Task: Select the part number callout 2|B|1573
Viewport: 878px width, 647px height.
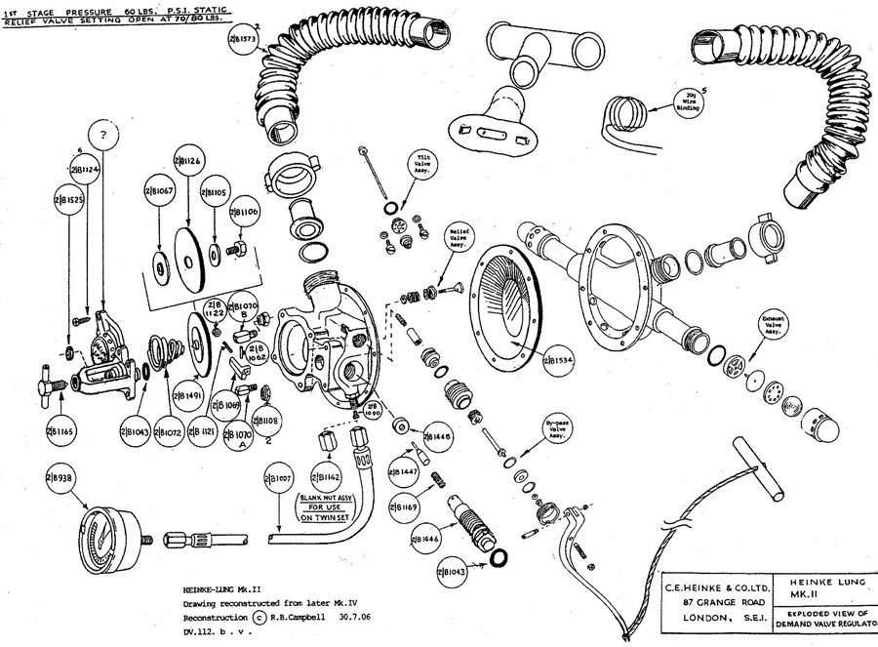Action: coord(241,40)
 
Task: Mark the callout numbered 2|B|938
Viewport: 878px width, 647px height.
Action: coord(61,476)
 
